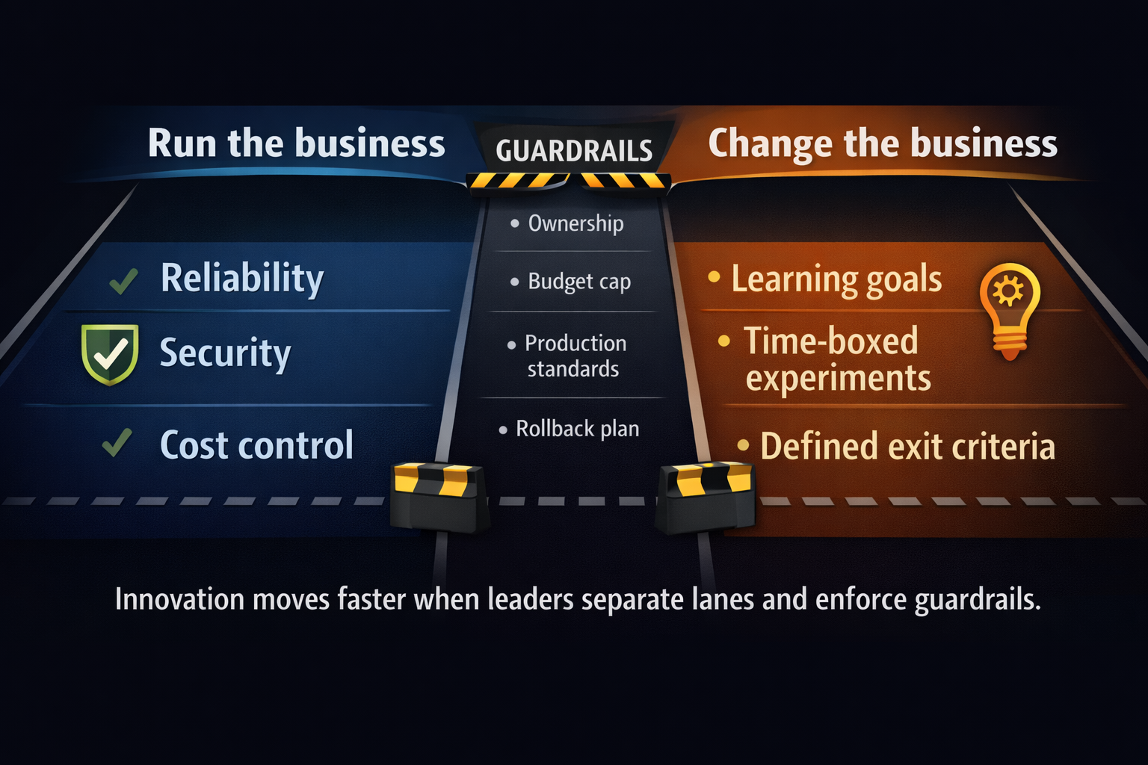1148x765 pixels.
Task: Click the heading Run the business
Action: pyautogui.click(x=296, y=143)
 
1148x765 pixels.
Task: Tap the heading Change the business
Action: pyautogui.click(x=882, y=143)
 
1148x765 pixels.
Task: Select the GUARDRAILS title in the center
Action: pyautogui.click(x=574, y=151)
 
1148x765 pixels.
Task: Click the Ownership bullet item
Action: pyautogui.click(x=575, y=223)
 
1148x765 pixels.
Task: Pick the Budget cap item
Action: pyautogui.click(x=579, y=282)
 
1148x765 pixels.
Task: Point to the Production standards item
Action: pyautogui.click(x=574, y=356)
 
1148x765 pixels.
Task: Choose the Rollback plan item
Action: pyautogui.click(x=577, y=429)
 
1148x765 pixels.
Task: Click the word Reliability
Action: pyautogui.click(x=242, y=279)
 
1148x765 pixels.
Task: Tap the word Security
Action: pyautogui.click(x=225, y=353)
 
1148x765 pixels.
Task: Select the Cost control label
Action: pyautogui.click(x=256, y=445)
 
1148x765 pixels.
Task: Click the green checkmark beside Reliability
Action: pyautogui.click(x=123, y=281)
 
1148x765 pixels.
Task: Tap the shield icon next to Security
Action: pyautogui.click(x=110, y=353)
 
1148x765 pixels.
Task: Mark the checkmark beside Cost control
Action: pyautogui.click(x=117, y=443)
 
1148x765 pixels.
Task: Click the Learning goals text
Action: pyautogui.click(x=836, y=279)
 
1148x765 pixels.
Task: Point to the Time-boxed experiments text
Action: pyautogui.click(x=838, y=359)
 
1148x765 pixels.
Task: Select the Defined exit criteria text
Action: pyautogui.click(x=907, y=447)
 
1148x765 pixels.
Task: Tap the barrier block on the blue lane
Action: pyautogui.click(x=439, y=497)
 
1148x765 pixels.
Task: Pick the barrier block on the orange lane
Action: pyautogui.click(x=706, y=497)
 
